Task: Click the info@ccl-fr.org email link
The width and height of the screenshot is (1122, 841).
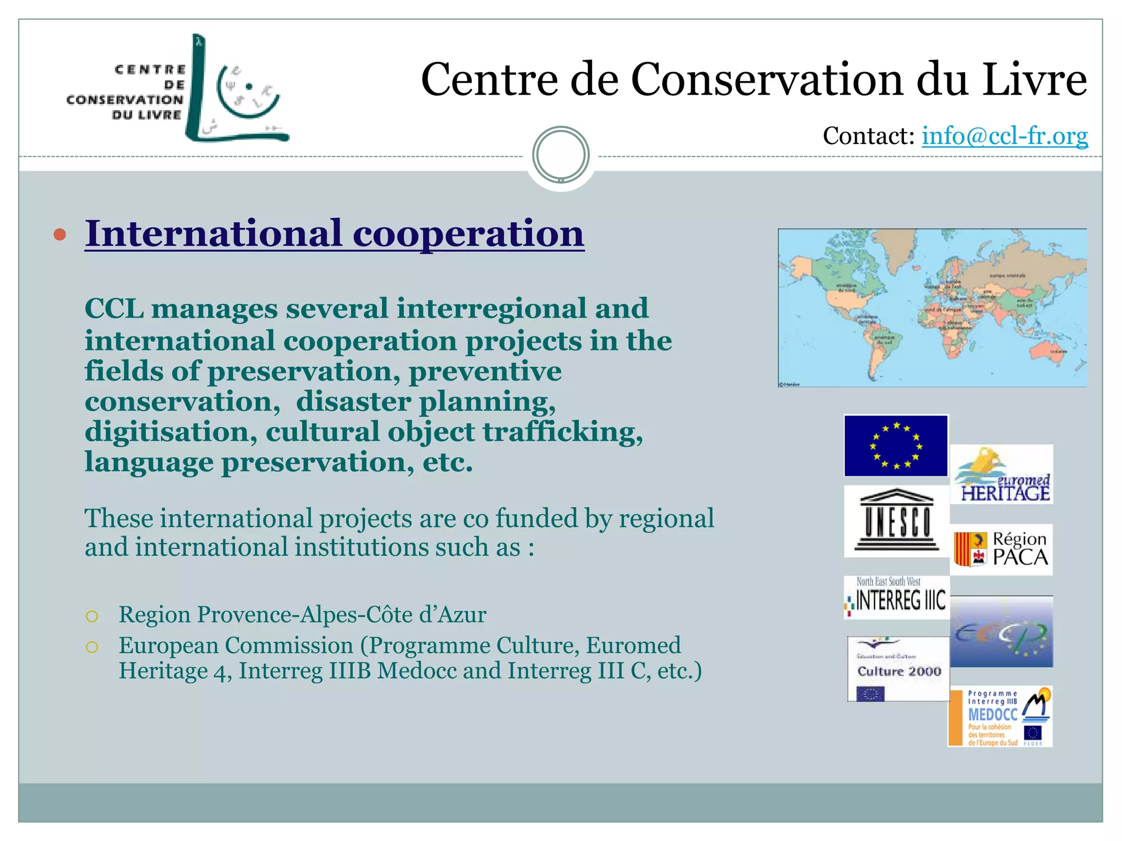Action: point(1004,136)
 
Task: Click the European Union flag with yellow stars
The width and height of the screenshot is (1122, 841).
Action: point(896,446)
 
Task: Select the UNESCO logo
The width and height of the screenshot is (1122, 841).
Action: point(896,521)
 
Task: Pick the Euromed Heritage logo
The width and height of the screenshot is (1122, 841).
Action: point(1001,475)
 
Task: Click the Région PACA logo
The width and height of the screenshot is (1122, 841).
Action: point(1001,549)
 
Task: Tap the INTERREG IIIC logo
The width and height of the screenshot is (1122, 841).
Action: point(896,597)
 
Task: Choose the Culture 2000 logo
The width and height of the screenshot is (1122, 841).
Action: point(898,669)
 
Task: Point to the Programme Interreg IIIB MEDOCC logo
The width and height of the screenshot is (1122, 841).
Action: point(1000,717)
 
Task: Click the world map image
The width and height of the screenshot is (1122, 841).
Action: point(932,308)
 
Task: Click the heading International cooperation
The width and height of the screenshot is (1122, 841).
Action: point(334,234)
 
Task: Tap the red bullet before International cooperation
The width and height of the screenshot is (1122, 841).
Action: point(60,235)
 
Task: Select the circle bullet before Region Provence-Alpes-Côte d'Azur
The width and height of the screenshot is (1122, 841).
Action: point(92,617)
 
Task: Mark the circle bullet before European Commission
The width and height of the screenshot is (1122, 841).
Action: point(92,647)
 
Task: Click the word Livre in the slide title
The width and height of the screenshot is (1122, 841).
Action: point(1034,80)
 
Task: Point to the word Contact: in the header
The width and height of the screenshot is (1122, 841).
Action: point(868,136)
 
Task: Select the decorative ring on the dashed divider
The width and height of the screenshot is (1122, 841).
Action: point(560,154)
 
